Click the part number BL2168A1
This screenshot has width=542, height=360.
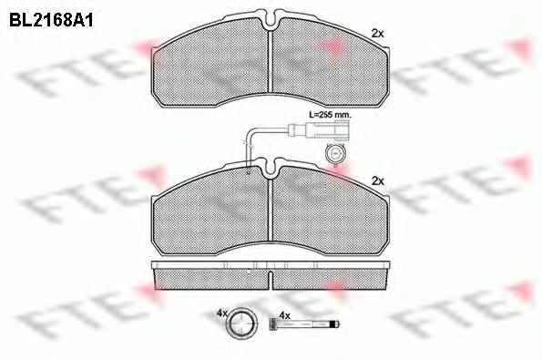pyautogui.click(x=51, y=20)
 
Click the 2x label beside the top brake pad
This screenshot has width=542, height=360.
pyautogui.click(x=377, y=34)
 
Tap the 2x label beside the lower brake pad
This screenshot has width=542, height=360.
pyautogui.click(x=377, y=180)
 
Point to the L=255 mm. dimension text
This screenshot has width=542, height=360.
pyautogui.click(x=330, y=115)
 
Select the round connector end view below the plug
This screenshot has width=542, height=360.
pyautogui.click(x=335, y=153)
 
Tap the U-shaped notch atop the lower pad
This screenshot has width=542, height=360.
pyautogui.click(x=271, y=169)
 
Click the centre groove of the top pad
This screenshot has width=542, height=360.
pyautogui.click(x=271, y=62)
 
